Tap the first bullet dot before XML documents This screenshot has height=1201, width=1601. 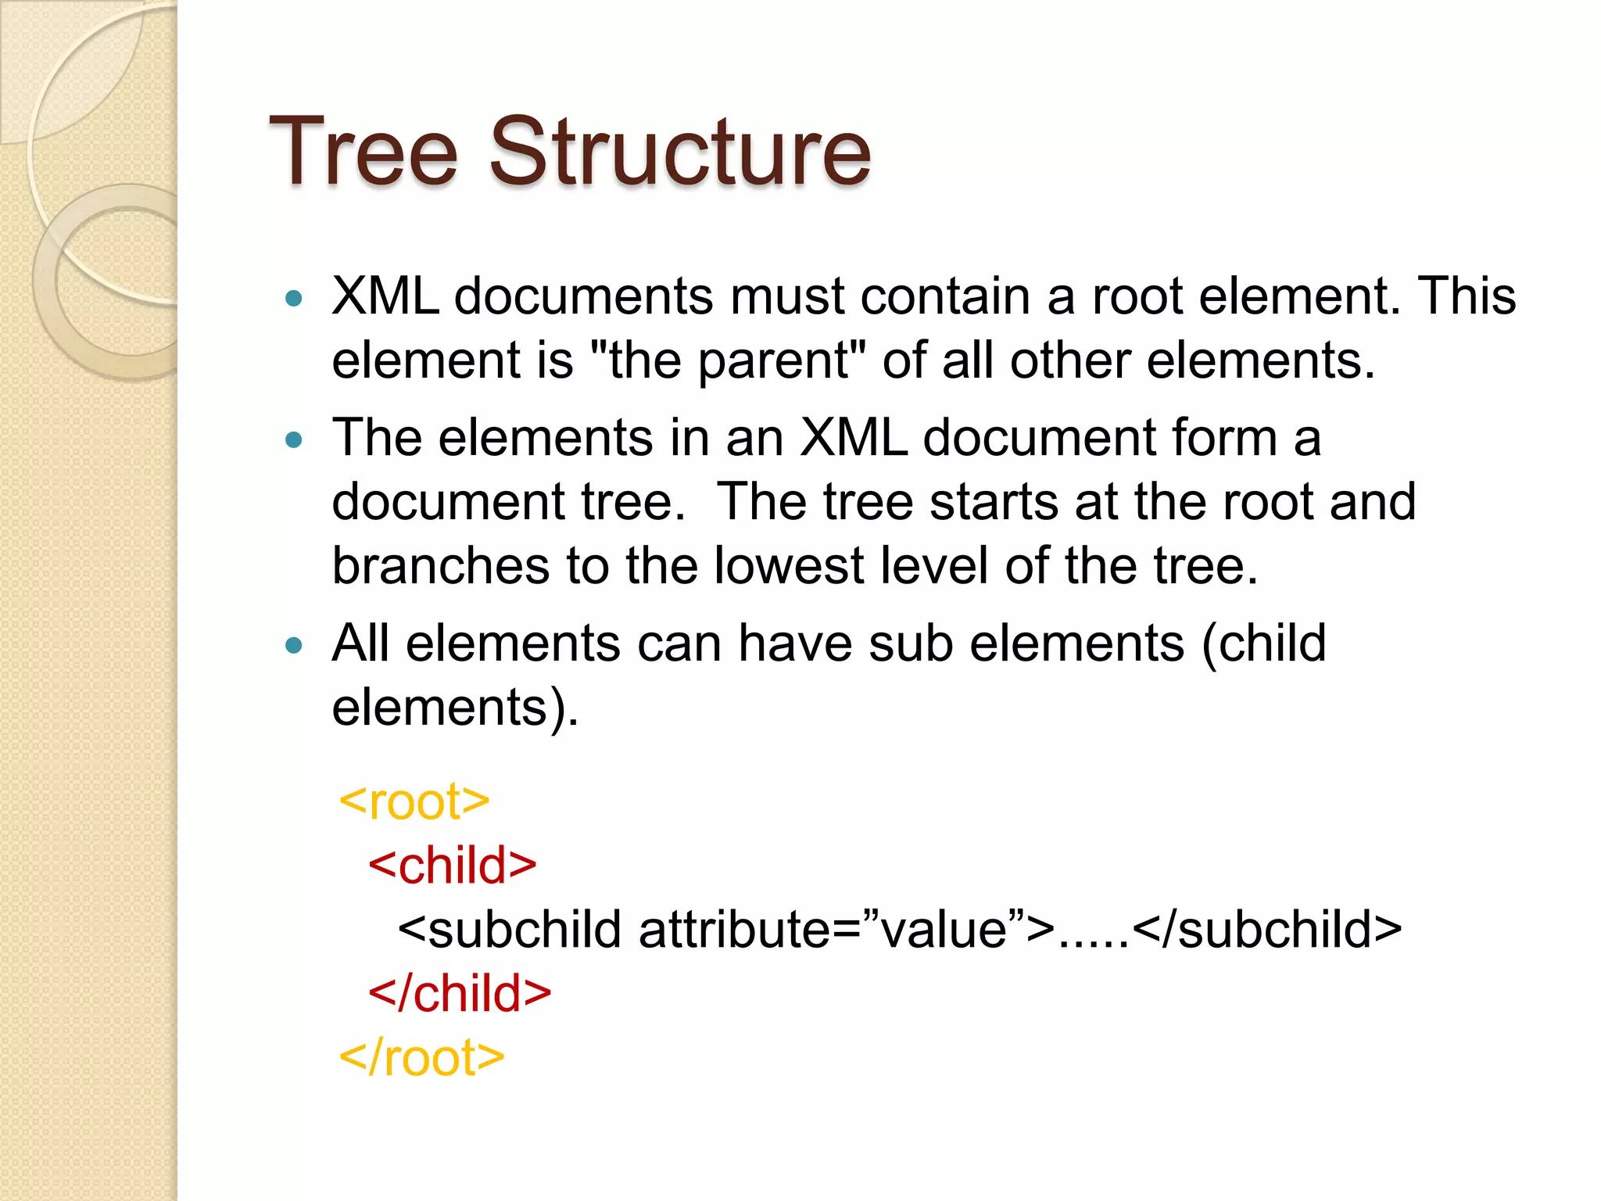tap(294, 298)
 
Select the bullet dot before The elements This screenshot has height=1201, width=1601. tap(294, 440)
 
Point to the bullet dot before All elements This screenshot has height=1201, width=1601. tap(294, 646)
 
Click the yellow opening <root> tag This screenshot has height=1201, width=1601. tap(414, 801)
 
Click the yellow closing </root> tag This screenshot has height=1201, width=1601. tap(421, 1058)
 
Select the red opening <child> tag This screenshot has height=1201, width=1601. tap(453, 866)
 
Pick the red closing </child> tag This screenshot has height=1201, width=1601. tap(460, 994)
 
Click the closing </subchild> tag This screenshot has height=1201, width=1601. tap(1266, 930)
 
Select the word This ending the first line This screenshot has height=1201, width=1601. tap(1467, 296)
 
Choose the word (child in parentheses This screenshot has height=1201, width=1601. tap(1263, 644)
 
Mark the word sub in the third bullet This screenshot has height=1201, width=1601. tap(910, 644)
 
